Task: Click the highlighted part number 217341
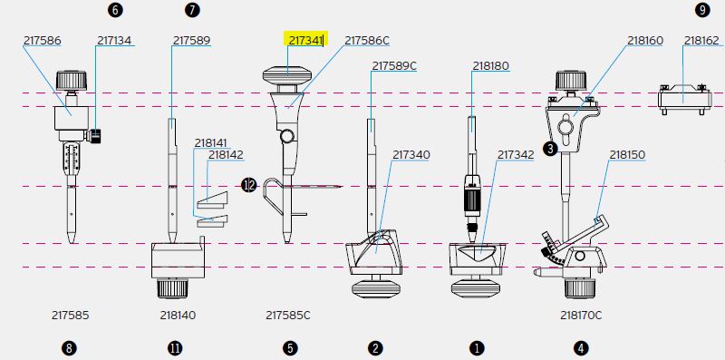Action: [x=305, y=40]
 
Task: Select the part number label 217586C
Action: [x=367, y=41]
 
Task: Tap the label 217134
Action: [x=114, y=41]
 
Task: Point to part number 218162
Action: [x=701, y=41]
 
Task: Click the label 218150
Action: [x=627, y=154]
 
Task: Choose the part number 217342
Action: [x=516, y=154]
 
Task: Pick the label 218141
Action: [x=211, y=143]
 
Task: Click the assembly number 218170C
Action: [x=581, y=316]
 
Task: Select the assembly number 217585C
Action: [x=288, y=316]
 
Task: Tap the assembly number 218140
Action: [x=178, y=316]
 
